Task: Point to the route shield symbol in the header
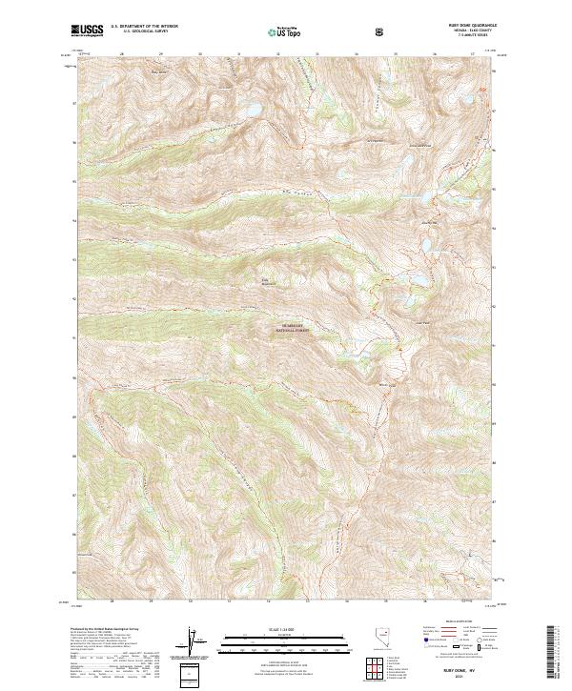[x=381, y=31]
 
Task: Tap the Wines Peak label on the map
[x=386, y=384]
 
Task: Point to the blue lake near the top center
[x=253, y=111]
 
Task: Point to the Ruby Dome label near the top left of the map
[x=158, y=71]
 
